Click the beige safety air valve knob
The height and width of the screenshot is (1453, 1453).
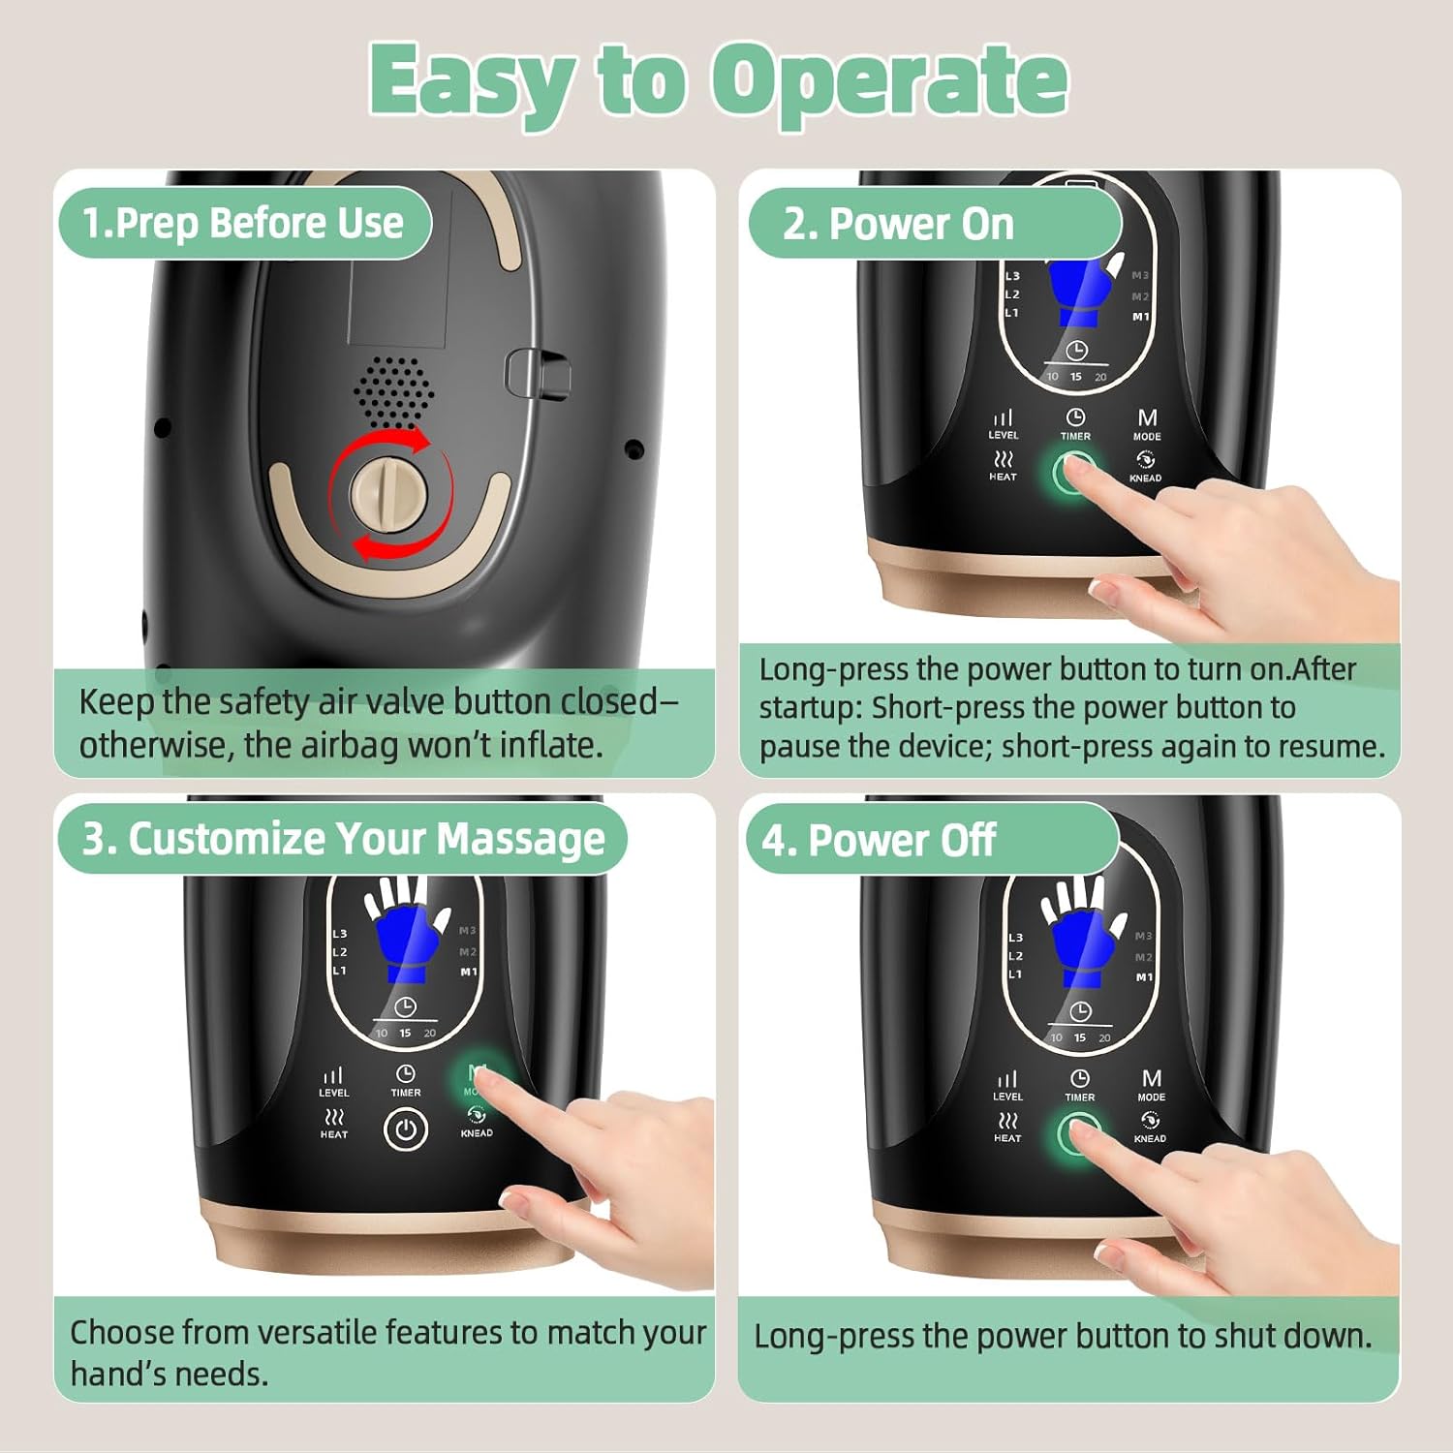click(389, 494)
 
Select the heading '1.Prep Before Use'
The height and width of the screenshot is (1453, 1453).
click(243, 223)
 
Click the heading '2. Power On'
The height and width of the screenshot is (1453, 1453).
click(898, 224)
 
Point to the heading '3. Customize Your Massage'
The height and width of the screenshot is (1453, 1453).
click(344, 839)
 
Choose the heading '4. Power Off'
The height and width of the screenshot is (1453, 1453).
click(879, 840)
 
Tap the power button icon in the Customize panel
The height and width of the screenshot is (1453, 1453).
click(406, 1129)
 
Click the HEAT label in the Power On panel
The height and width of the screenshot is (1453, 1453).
click(1003, 477)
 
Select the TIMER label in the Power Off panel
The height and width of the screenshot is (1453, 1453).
click(1080, 1097)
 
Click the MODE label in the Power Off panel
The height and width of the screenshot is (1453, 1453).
click(1152, 1097)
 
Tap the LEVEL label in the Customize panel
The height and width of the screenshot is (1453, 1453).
click(334, 1093)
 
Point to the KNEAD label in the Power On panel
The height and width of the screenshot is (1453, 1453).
click(1145, 478)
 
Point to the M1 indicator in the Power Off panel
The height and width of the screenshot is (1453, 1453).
click(1144, 977)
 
